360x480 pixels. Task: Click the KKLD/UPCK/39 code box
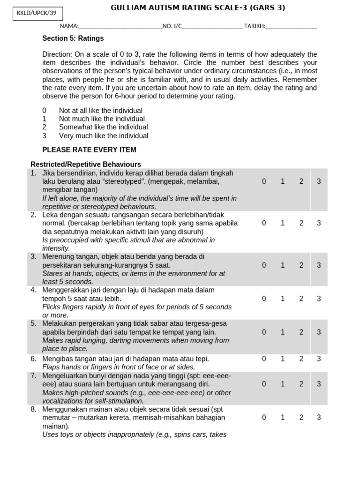tap(37, 15)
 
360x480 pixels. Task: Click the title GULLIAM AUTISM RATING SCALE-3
tap(197, 8)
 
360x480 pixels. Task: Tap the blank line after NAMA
tap(120, 27)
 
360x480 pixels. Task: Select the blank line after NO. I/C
tap(212, 27)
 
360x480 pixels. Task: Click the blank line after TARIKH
tap(291, 27)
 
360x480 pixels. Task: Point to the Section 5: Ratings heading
tap(73, 38)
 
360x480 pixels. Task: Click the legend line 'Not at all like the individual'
tap(100, 111)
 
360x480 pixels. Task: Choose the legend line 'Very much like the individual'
tap(103, 136)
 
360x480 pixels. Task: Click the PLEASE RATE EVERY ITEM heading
tap(89, 150)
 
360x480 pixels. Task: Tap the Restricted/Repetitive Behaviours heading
tap(86, 164)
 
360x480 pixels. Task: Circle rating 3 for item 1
tap(319, 181)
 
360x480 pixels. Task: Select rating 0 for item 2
tap(264, 223)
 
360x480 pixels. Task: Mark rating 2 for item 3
tap(301, 265)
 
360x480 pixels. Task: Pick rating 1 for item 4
tap(283, 299)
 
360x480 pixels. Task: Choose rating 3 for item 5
tap(319, 332)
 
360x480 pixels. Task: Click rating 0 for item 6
tap(264, 359)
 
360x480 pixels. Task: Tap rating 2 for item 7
tap(301, 384)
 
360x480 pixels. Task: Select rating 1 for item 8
tap(283, 417)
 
